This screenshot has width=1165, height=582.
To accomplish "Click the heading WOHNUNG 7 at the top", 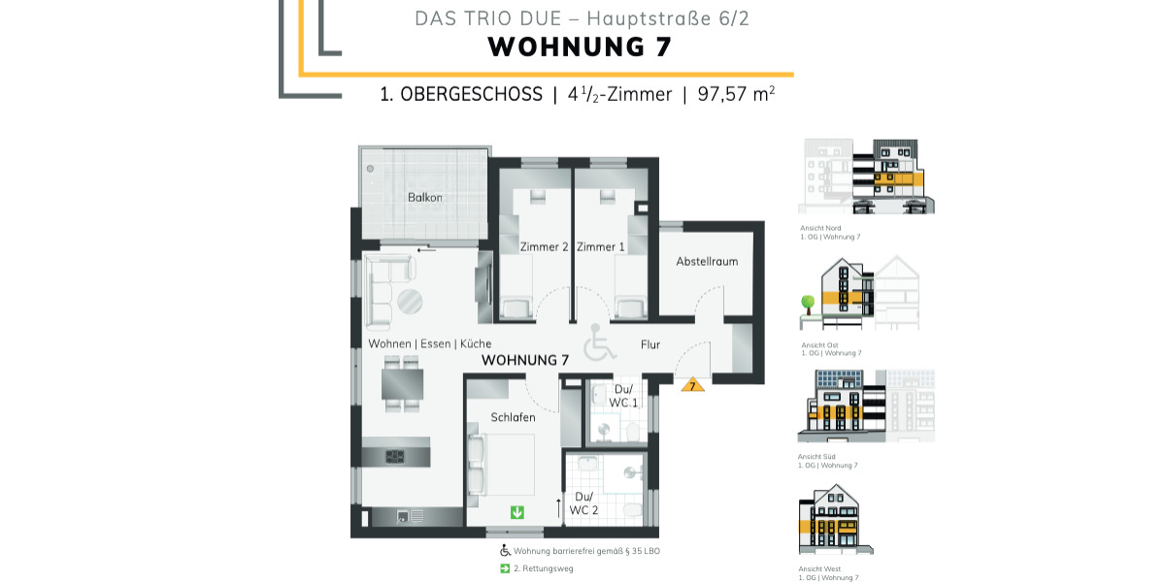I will click(580, 47).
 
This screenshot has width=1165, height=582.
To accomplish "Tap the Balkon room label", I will click(425, 198).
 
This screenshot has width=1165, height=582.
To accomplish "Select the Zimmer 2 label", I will click(545, 247).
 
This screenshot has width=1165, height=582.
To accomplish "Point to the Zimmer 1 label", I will click(601, 247).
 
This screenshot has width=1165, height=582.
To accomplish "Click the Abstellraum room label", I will click(707, 262).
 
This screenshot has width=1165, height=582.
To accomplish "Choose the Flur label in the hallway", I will click(650, 344).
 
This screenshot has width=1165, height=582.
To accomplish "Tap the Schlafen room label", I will click(513, 417).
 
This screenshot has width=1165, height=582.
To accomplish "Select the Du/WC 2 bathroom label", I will click(583, 503).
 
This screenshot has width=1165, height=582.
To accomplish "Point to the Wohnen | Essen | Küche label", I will click(429, 344).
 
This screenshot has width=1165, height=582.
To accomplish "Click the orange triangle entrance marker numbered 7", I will click(691, 385).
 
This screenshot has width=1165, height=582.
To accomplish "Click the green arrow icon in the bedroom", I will click(517, 511).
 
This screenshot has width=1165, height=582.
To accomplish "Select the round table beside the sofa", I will click(409, 302).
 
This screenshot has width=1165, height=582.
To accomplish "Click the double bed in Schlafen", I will click(506, 464).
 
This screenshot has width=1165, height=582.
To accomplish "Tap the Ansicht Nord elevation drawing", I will click(865, 176).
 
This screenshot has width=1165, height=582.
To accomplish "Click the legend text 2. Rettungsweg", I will click(544, 568).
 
